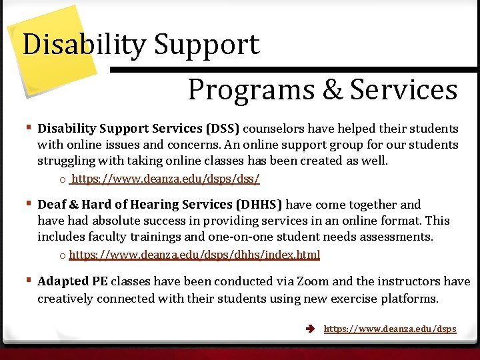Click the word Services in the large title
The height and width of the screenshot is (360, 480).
click(x=403, y=89)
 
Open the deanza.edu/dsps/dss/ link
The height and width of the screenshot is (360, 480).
click(x=165, y=179)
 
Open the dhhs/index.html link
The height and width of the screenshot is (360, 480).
click(x=194, y=255)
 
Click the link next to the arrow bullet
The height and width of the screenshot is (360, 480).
click(x=389, y=329)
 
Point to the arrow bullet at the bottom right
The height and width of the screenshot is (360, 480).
click(x=311, y=329)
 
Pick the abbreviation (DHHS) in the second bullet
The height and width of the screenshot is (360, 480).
click(x=260, y=205)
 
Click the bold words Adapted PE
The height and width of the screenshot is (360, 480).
click(x=73, y=281)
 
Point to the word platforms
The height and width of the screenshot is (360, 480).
click(x=409, y=298)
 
